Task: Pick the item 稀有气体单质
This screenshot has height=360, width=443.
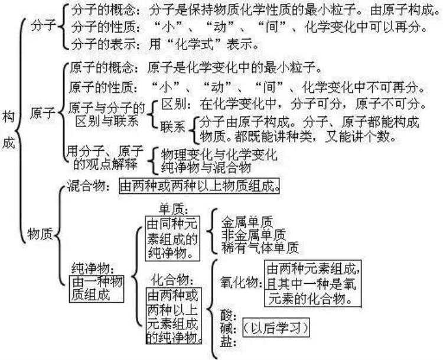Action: pos(260,248)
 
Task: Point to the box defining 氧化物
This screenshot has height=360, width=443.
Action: pos(314,284)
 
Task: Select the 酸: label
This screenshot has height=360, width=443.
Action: pos(227,314)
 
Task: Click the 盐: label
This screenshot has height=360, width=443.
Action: pos(227,341)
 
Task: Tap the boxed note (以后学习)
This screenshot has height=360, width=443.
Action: pos(275,327)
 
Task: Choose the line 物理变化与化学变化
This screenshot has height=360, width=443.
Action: pos(219,155)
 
